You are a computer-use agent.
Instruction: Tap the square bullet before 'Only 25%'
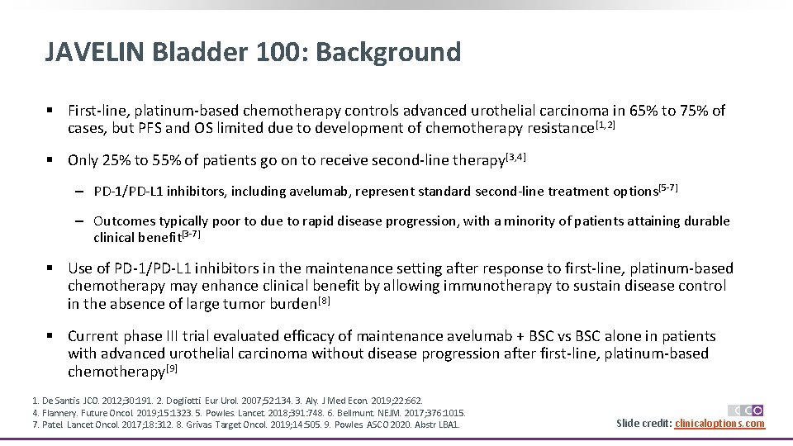click(50, 160)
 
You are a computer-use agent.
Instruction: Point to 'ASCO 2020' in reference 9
click(392, 425)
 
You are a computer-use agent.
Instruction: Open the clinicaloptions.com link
click(719, 424)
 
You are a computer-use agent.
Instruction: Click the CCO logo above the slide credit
click(745, 410)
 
